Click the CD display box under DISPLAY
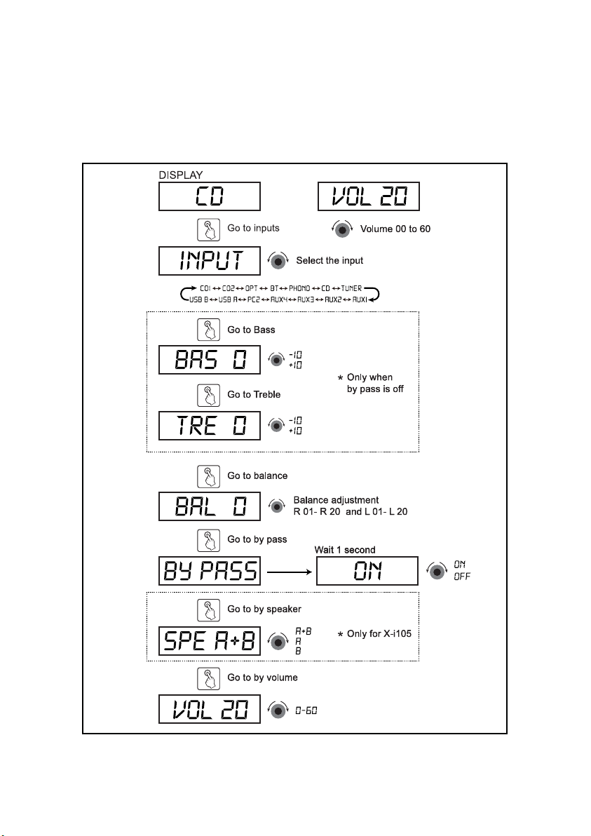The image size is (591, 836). point(210,196)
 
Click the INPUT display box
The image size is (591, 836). point(210,261)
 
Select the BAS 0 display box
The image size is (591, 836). point(210,360)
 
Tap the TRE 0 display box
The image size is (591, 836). point(210,426)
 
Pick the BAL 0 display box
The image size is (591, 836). point(210,506)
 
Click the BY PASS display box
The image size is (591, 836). point(210,571)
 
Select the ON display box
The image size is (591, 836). point(367,571)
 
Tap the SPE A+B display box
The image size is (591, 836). point(210,641)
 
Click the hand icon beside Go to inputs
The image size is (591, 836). point(208,230)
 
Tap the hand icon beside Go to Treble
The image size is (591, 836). point(208,396)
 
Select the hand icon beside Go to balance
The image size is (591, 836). point(208,477)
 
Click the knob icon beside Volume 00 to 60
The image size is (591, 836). point(342,229)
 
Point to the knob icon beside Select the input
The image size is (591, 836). point(278,261)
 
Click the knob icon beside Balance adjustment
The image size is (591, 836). point(277,506)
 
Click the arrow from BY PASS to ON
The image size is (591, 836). point(290,572)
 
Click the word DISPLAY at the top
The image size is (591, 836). point(181,175)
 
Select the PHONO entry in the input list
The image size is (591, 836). point(299,288)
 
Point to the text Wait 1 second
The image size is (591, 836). point(345,550)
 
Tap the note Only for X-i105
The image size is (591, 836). point(374,634)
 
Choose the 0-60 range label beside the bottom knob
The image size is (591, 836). point(306,710)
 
